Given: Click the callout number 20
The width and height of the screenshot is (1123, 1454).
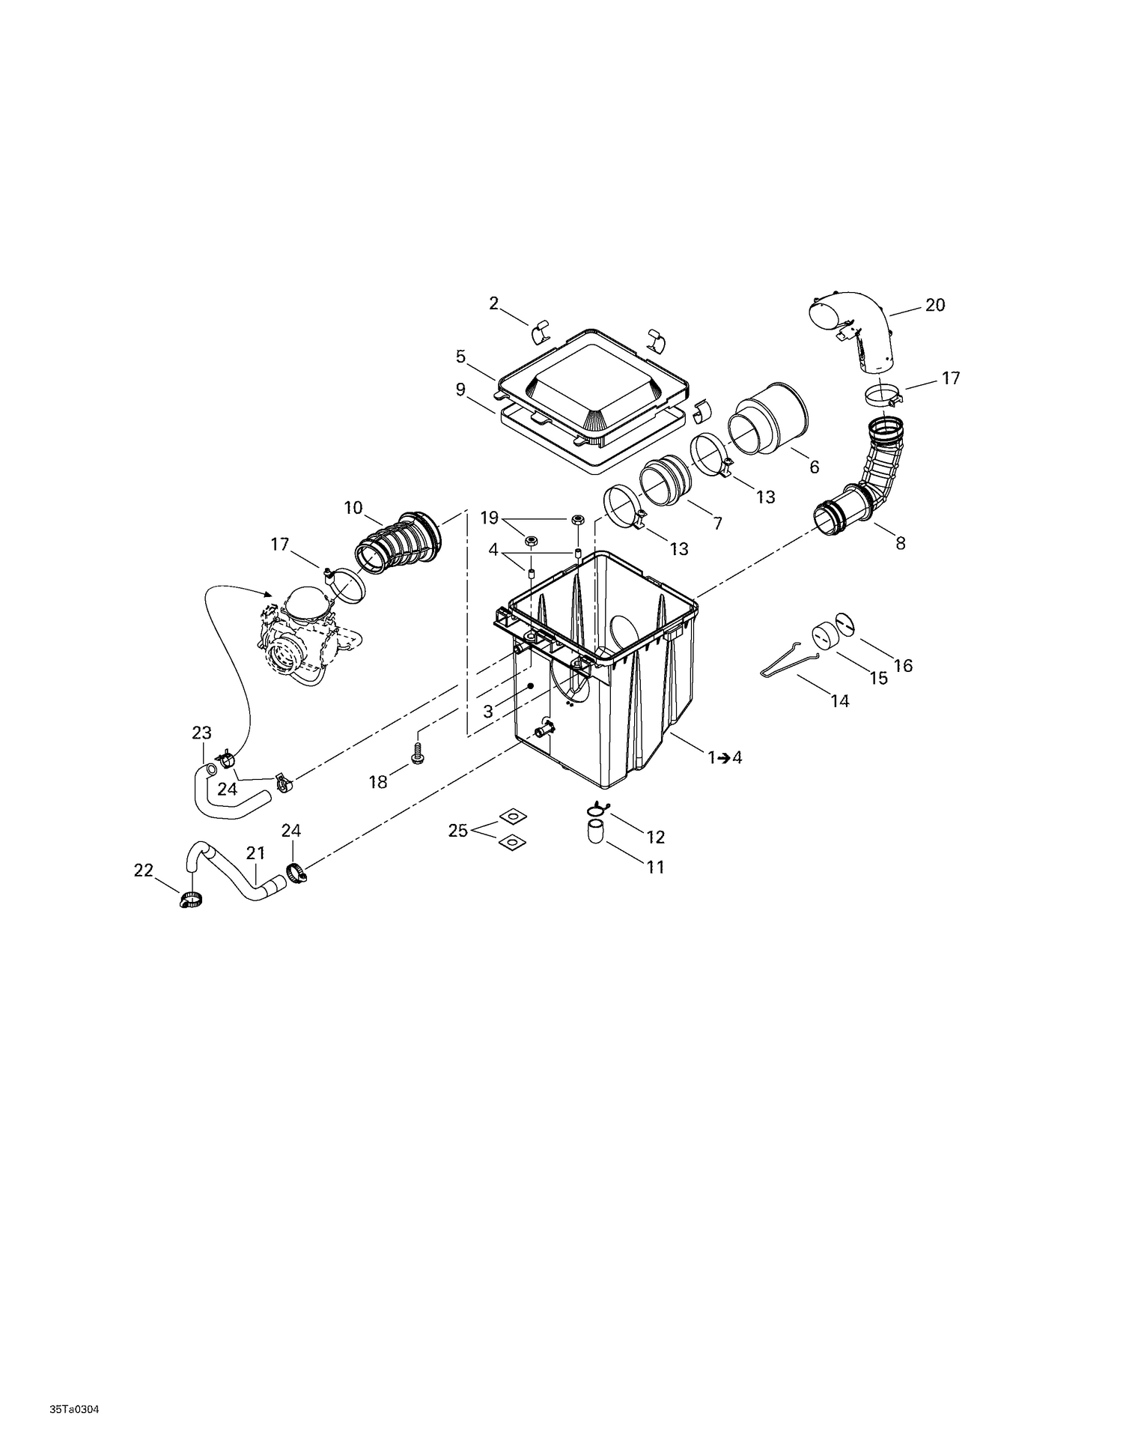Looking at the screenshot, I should [935, 305].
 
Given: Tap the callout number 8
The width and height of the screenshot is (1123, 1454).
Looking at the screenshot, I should [901, 544].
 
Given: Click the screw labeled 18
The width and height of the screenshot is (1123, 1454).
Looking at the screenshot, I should [418, 753].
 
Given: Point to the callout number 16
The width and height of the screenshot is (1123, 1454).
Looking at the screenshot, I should [903, 665].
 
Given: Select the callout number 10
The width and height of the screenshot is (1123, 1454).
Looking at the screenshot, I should [353, 508].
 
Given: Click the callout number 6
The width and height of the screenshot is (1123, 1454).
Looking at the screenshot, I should [814, 467].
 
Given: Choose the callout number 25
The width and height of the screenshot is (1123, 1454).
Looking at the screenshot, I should [458, 830].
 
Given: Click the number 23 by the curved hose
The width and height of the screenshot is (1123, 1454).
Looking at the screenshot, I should [201, 732].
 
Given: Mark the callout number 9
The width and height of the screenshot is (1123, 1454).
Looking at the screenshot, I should [460, 390].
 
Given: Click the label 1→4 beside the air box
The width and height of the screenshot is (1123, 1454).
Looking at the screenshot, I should [725, 757].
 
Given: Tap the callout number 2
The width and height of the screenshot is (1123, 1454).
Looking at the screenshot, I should [493, 303].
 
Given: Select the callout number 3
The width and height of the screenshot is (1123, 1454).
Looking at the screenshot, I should [488, 711].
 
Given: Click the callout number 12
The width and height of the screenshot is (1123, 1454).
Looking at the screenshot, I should [655, 837].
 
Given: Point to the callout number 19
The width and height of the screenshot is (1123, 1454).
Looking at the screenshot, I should [489, 518].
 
